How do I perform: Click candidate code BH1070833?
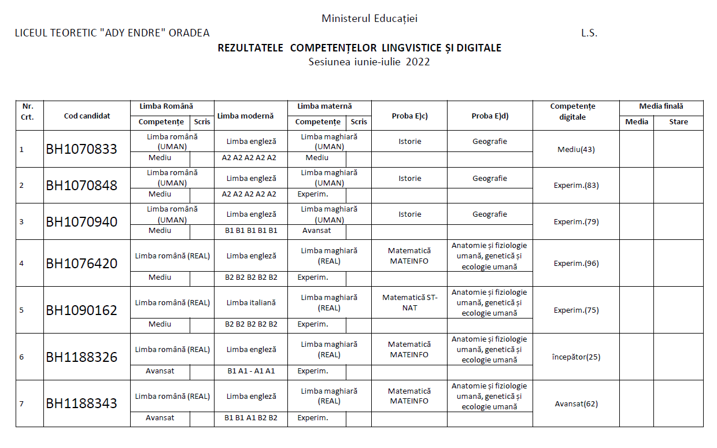coord(82,149)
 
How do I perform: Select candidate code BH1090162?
coord(82,310)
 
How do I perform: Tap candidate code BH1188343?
coord(82,403)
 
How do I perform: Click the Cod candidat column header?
coord(87,116)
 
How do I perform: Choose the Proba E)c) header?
coord(409,116)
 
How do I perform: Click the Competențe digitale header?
coord(572,112)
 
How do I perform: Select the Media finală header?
coord(661,106)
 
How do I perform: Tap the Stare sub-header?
coord(678,122)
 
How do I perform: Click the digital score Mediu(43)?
coord(576,149)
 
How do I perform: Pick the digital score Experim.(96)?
coord(576,264)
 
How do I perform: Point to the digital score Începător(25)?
coord(576,357)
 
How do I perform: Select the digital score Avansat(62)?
coord(576,404)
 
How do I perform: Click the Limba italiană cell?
coord(251,302)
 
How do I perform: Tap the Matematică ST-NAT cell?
coord(410,302)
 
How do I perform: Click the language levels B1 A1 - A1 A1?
coord(251,371)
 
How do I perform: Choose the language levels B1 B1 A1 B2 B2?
coord(251,418)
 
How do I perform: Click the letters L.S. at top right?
coord(589,33)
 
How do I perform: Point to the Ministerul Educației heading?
coord(369,18)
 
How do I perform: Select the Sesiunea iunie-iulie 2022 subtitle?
coord(369,62)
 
